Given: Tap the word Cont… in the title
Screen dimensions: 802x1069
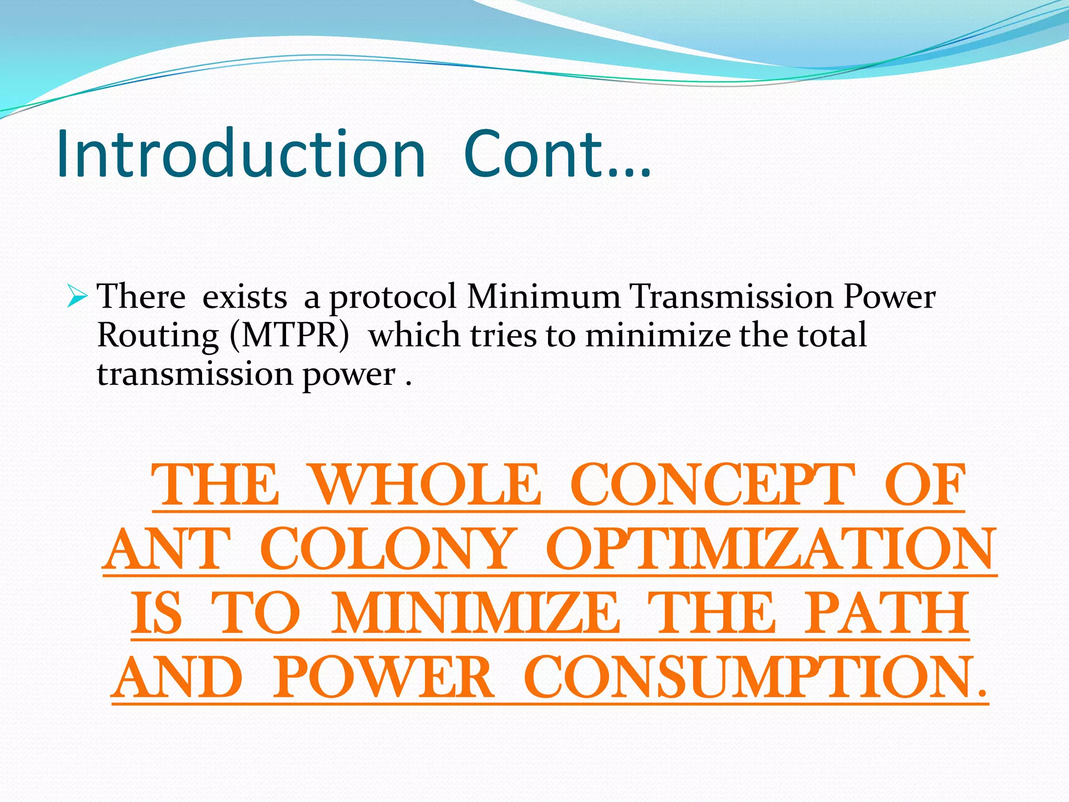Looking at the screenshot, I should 557,155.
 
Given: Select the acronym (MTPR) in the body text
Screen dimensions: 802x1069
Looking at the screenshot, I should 289,335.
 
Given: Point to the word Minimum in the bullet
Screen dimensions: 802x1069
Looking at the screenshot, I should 544,297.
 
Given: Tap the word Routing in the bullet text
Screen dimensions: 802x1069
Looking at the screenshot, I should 158,335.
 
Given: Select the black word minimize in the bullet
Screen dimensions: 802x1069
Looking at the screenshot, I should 658,335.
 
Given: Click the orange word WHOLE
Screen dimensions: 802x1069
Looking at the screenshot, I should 426,486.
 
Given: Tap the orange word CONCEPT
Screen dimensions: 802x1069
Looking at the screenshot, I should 713,486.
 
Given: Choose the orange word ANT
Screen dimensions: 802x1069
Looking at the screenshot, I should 167,549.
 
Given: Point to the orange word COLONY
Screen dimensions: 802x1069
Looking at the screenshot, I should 387,549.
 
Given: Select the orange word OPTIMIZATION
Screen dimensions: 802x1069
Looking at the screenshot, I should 771,549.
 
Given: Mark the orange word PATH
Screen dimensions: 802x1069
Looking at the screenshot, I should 886,614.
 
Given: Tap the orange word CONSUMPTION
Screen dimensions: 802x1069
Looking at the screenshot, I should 756,678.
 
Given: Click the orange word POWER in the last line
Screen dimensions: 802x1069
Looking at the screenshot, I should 383,678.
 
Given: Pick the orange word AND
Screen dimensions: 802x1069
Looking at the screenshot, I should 177,678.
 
